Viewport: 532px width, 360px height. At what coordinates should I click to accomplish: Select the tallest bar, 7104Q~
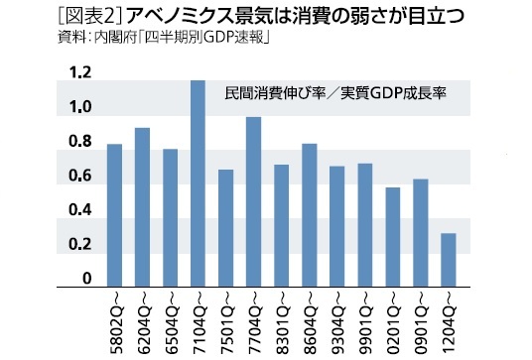(x=198, y=182)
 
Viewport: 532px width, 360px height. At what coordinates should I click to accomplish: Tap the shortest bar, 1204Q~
(x=449, y=260)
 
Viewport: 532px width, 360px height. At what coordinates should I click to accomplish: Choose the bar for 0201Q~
(x=393, y=236)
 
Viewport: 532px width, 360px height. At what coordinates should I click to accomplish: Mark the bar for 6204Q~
(x=142, y=207)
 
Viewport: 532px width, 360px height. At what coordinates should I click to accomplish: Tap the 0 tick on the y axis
(x=87, y=279)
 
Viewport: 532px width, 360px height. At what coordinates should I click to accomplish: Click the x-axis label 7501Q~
(x=225, y=319)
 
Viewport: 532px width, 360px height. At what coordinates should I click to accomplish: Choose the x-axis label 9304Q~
(x=336, y=319)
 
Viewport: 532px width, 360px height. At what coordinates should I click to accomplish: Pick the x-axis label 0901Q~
(x=421, y=319)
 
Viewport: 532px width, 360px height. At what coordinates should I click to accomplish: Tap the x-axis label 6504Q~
(x=170, y=319)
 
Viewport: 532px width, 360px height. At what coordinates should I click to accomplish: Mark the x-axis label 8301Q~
(x=281, y=319)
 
